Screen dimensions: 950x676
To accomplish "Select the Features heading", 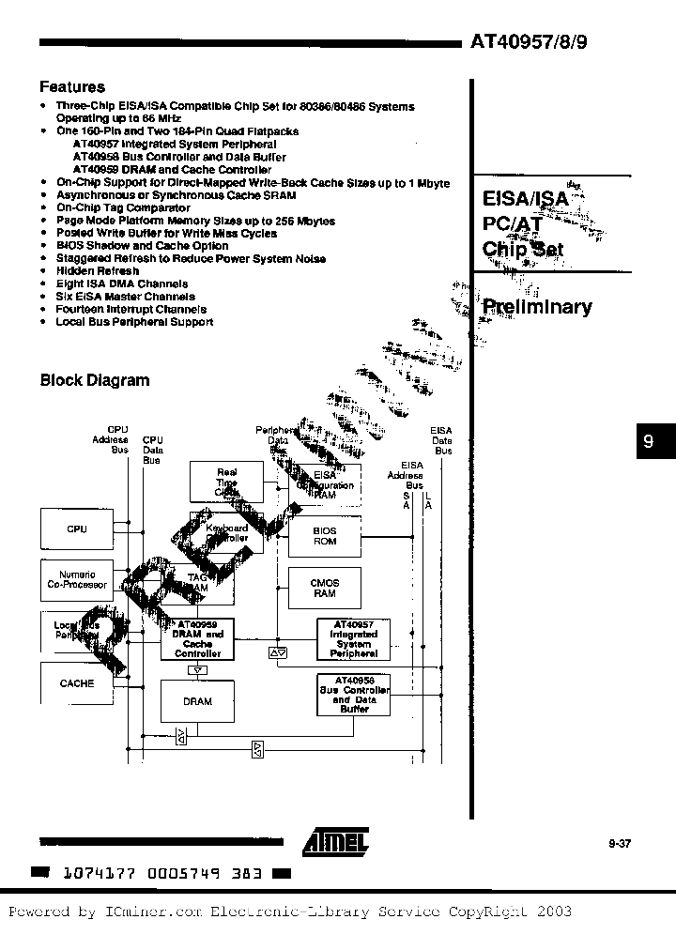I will pos(72,87).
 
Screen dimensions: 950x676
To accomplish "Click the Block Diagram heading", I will pos(94,380).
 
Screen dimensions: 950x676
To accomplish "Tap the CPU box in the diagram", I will pos(76,529).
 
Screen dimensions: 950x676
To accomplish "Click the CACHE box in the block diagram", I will pos(76,683).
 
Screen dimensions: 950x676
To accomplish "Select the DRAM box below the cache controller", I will pos(197,701).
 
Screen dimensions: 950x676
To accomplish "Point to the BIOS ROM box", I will pos(325,536).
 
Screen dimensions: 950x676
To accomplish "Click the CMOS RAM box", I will pos(325,588).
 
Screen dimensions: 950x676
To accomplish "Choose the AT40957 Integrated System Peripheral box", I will pos(352,638).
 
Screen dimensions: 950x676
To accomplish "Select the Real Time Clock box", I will pos(226,482).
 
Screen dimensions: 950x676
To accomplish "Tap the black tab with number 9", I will pos(648,442).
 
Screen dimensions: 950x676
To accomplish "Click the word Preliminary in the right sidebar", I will pos(536,307).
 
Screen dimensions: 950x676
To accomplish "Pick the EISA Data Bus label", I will pos(441,440).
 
